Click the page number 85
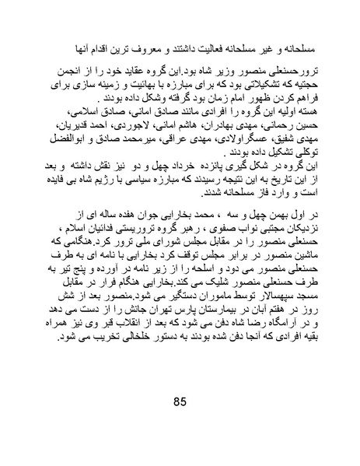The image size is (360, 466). [180, 403]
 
